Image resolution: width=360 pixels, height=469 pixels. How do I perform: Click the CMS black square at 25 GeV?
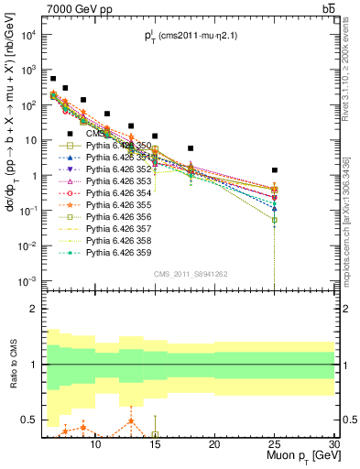[274, 170]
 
